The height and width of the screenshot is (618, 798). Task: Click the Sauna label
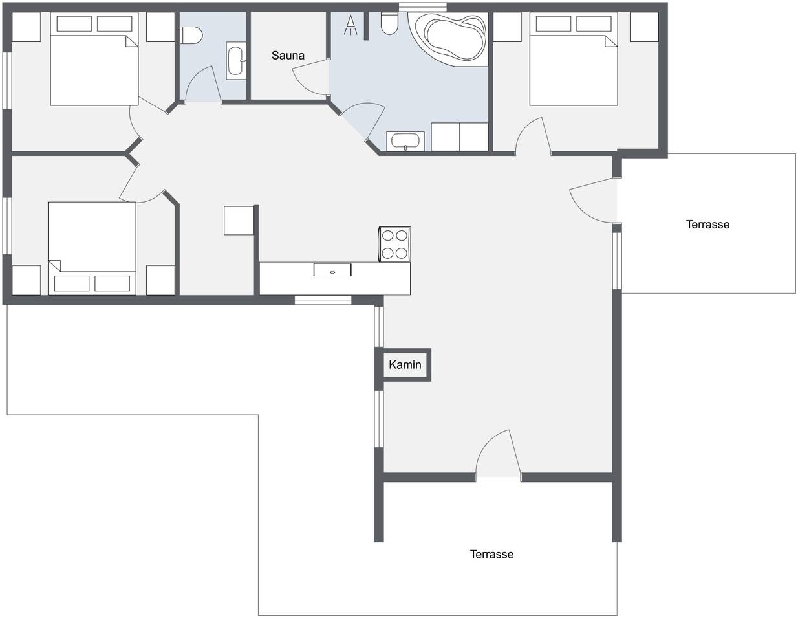288,56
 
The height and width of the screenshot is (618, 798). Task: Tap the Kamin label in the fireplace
405,365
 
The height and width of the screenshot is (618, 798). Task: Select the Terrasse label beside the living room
707,225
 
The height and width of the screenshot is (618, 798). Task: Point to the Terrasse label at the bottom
491,554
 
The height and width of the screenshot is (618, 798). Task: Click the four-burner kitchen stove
394,245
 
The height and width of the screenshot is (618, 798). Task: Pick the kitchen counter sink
332,270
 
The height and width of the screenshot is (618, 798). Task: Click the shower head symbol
350,25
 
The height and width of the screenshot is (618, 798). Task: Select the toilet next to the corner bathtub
389,23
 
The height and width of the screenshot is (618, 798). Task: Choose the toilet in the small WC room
191,36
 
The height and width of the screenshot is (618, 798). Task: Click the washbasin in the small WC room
236,61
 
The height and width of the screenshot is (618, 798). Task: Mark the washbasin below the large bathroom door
405,141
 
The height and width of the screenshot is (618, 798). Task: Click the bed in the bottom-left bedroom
92,248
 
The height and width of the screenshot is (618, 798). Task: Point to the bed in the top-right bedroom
573,59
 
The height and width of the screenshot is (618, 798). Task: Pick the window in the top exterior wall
423,7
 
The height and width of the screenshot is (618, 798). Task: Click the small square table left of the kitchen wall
239,221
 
